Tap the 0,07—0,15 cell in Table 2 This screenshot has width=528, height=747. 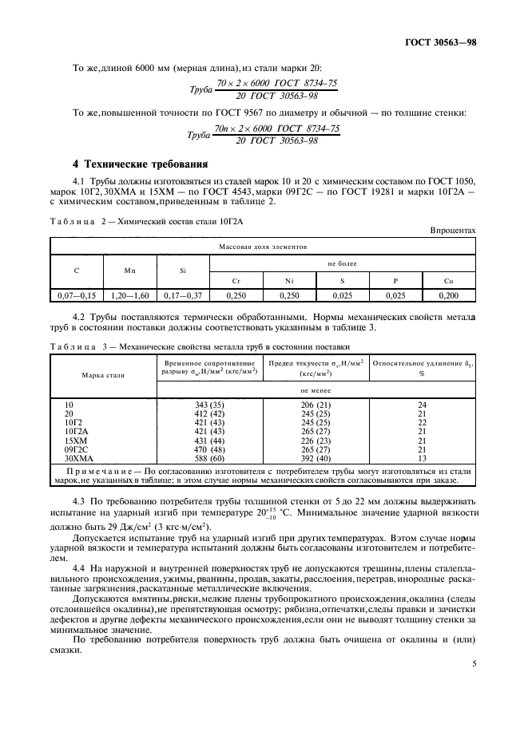77,295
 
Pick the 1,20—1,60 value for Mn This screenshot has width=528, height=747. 129,295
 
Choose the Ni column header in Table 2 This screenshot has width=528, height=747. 289,281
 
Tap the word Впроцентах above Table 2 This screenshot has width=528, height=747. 452,231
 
